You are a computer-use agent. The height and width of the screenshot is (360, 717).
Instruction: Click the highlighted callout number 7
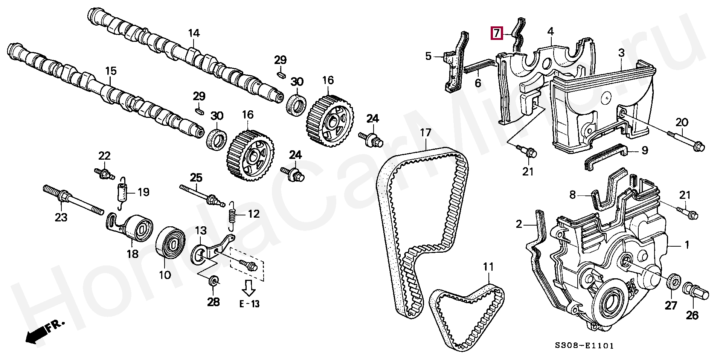point(496,33)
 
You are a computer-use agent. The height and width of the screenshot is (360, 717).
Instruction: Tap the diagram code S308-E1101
point(584,345)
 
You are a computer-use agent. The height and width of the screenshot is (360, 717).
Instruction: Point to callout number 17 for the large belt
point(426,133)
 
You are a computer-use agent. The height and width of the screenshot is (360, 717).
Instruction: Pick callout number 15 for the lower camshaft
point(111,71)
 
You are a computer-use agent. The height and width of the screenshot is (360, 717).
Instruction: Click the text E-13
point(249,304)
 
